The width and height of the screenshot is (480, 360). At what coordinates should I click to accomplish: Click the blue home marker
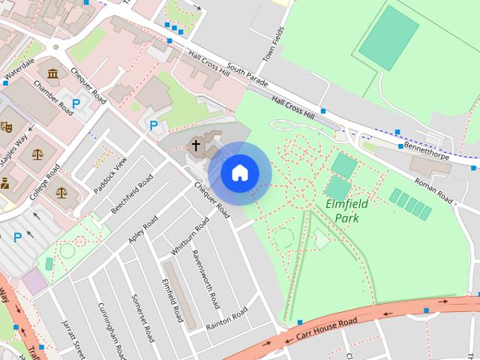(240, 173)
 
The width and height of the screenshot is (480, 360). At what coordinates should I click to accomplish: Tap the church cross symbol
(196, 145)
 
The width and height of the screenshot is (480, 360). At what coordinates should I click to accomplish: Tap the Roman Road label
(433, 191)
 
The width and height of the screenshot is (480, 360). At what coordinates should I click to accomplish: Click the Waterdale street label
(19, 71)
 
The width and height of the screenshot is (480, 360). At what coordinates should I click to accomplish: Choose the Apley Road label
(142, 229)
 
